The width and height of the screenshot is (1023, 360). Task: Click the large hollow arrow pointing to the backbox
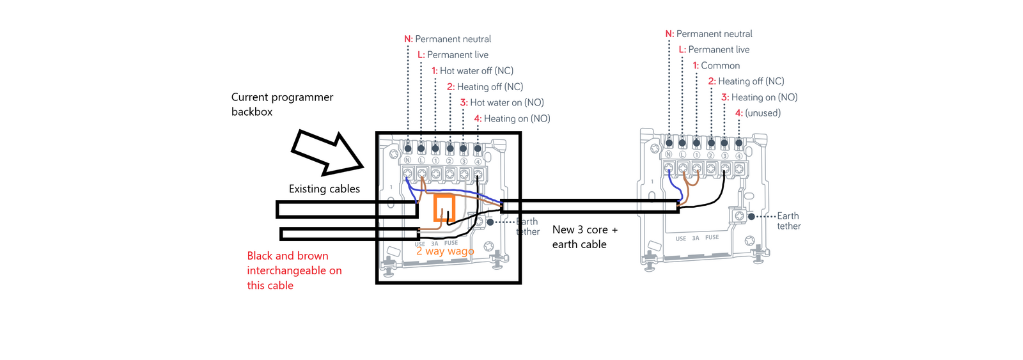pyautogui.click(x=326, y=152)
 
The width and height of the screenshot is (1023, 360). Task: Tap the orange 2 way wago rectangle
pyautogui.click(x=444, y=208)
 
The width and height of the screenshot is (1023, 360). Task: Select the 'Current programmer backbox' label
pyautogui.click(x=282, y=104)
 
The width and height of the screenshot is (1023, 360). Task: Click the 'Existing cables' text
pyautogui.click(x=324, y=189)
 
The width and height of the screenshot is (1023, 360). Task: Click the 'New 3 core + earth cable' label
pyautogui.click(x=584, y=237)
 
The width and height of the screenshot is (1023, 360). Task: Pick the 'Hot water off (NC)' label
pyautogui.click(x=476, y=71)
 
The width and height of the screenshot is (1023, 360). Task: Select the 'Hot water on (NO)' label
pyautogui.click(x=506, y=102)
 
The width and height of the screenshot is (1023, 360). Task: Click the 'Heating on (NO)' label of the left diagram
pyautogui.click(x=516, y=118)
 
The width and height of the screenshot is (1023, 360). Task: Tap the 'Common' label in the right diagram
pyautogui.click(x=720, y=65)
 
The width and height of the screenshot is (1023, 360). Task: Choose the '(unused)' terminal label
pyautogui.click(x=762, y=113)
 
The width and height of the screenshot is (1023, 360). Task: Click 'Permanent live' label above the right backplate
pyautogui.click(x=718, y=49)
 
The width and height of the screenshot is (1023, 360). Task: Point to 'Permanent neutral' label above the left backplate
pyautogui.click(x=453, y=39)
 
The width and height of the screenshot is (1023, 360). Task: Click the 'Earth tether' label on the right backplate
pyautogui.click(x=788, y=221)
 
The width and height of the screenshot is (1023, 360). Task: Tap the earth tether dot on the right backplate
pyautogui.click(x=751, y=216)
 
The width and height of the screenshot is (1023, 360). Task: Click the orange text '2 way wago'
pyautogui.click(x=445, y=251)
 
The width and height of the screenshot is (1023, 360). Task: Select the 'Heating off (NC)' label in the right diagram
pyautogui.click(x=751, y=81)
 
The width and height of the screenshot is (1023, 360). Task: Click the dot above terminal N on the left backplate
pyautogui.click(x=408, y=148)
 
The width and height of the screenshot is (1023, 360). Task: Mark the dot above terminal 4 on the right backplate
pyautogui.click(x=738, y=143)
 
